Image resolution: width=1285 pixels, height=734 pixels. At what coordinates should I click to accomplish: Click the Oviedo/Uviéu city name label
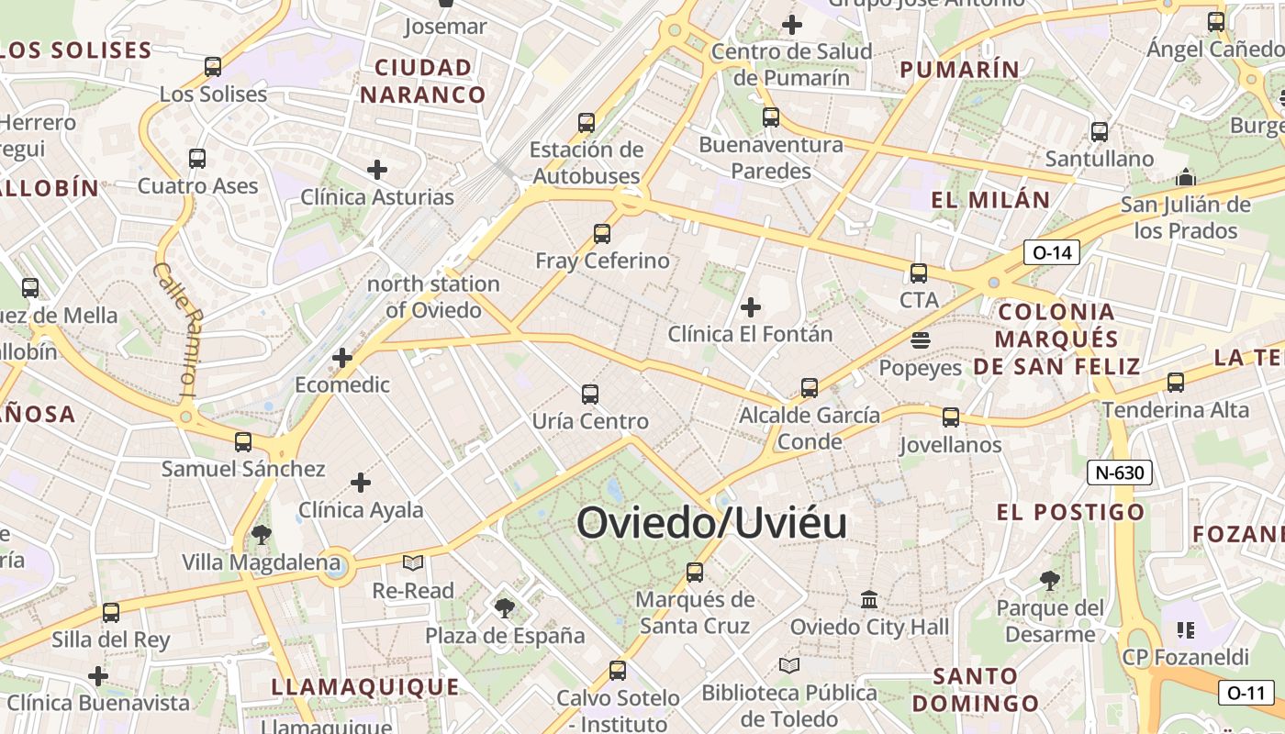tap(711, 523)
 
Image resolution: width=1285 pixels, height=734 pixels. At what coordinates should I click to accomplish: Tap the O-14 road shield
tap(1052, 252)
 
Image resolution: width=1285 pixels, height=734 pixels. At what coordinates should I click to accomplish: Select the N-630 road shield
tap(1120, 473)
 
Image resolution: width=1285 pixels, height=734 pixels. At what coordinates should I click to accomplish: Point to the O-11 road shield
tap(1246, 693)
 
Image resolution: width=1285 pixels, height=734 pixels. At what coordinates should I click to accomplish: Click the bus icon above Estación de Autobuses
tap(587, 122)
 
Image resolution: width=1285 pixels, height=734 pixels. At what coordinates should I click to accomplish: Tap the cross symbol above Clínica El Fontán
tap(751, 307)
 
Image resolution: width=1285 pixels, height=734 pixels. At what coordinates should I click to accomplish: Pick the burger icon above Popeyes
tap(921, 340)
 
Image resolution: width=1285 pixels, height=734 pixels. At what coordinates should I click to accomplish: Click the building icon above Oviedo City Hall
tap(869, 600)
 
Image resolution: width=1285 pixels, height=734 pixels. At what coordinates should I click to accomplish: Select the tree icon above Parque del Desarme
tap(1050, 581)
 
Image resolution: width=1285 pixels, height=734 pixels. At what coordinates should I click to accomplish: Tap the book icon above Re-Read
tap(413, 562)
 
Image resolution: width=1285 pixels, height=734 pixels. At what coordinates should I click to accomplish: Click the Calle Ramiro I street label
tap(176, 330)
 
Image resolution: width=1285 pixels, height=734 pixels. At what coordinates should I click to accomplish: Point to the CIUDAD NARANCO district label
tap(423, 81)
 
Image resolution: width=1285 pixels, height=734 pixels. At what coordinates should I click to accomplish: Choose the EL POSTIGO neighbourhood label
tap(1071, 512)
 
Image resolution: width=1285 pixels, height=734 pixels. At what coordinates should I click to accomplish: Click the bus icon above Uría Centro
tap(590, 395)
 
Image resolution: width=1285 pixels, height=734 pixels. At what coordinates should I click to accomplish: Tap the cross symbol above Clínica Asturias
tap(377, 170)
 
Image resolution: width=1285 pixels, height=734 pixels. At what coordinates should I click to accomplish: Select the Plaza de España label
tap(505, 635)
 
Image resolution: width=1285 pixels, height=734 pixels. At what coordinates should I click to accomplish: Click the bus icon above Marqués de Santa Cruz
tap(695, 573)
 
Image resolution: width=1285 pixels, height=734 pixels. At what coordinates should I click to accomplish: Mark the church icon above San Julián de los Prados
tap(1186, 177)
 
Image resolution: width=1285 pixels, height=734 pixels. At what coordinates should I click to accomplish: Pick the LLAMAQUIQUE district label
tap(365, 686)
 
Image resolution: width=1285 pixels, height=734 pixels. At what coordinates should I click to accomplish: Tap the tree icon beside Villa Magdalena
tap(262, 535)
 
